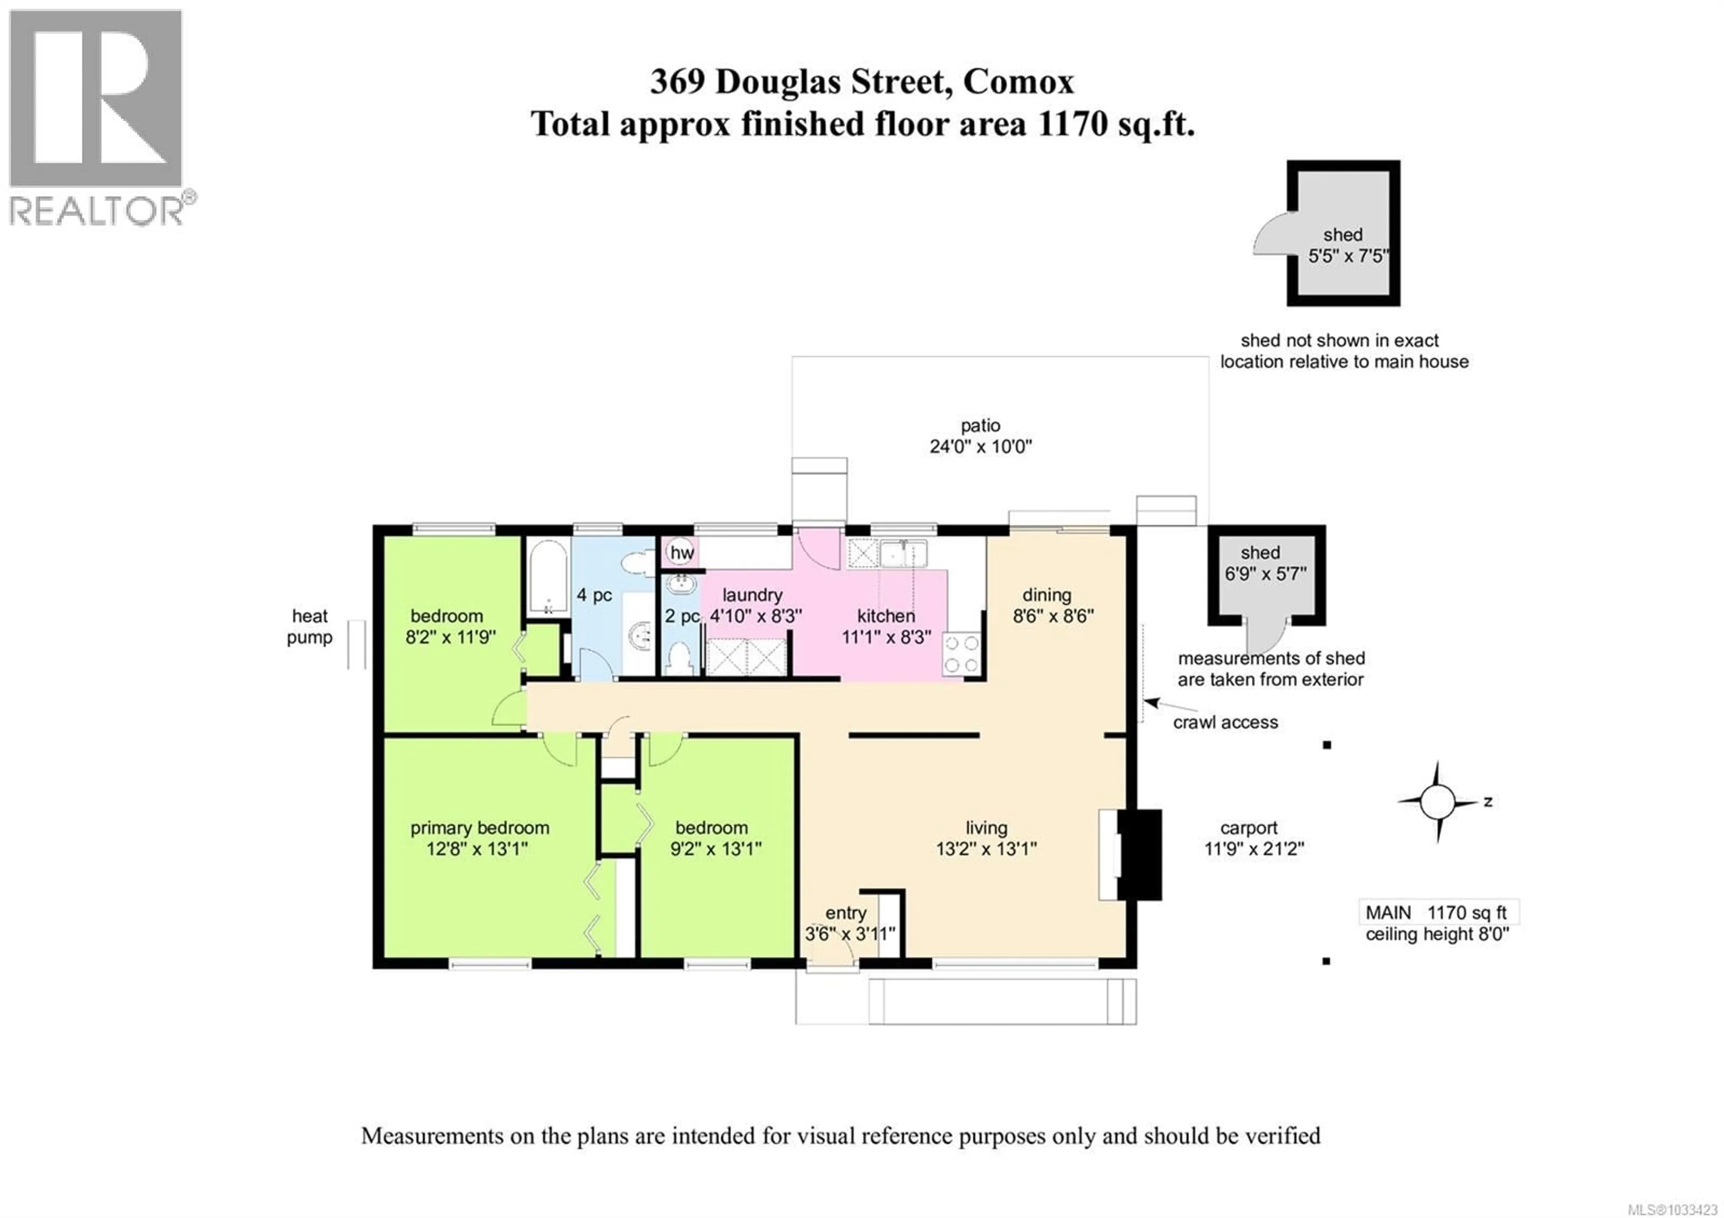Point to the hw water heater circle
pyautogui.click(x=681, y=553)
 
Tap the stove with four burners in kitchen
pyautogui.click(x=962, y=653)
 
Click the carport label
pyautogui.click(x=1248, y=828)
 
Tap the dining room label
pyautogui.click(x=1046, y=595)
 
